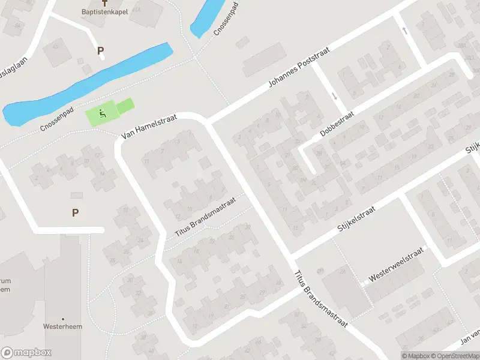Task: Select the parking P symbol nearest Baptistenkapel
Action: tap(100, 51)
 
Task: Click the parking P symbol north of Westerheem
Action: tap(75, 212)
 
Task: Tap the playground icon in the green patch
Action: tap(103, 112)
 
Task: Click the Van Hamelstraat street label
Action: tap(149, 128)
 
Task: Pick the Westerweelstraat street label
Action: tap(397, 265)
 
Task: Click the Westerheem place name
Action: tap(62, 327)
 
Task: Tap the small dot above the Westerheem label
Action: tap(62, 319)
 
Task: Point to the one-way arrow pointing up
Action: tap(406, 31)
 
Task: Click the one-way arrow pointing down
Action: tap(334, 96)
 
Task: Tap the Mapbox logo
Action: tap(26, 353)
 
